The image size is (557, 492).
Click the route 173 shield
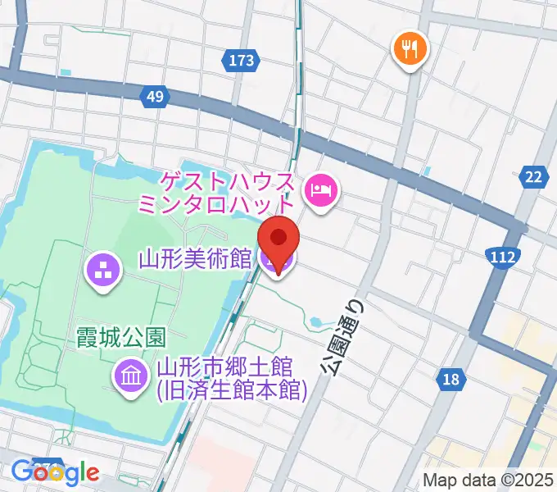click(x=241, y=60)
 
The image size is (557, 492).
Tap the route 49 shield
click(x=155, y=98)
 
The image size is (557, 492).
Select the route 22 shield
click(x=534, y=177)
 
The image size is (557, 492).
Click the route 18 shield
click(x=451, y=379)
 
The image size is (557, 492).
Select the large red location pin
click(x=278, y=239)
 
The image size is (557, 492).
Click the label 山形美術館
click(x=194, y=260)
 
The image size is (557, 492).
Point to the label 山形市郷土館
click(x=231, y=365)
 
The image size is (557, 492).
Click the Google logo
click(x=55, y=473)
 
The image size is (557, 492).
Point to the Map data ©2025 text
click(x=488, y=481)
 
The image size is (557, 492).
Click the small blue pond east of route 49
click(x=428, y=171)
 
